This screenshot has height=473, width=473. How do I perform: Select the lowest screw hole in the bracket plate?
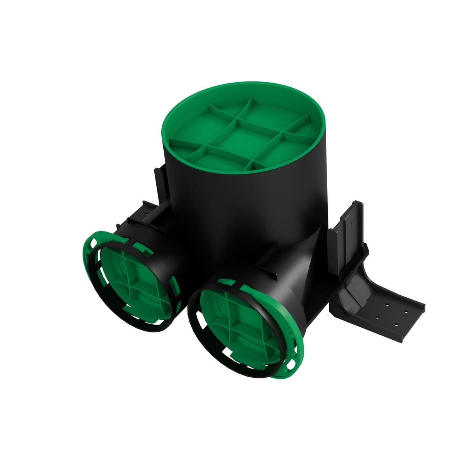(396, 325)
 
